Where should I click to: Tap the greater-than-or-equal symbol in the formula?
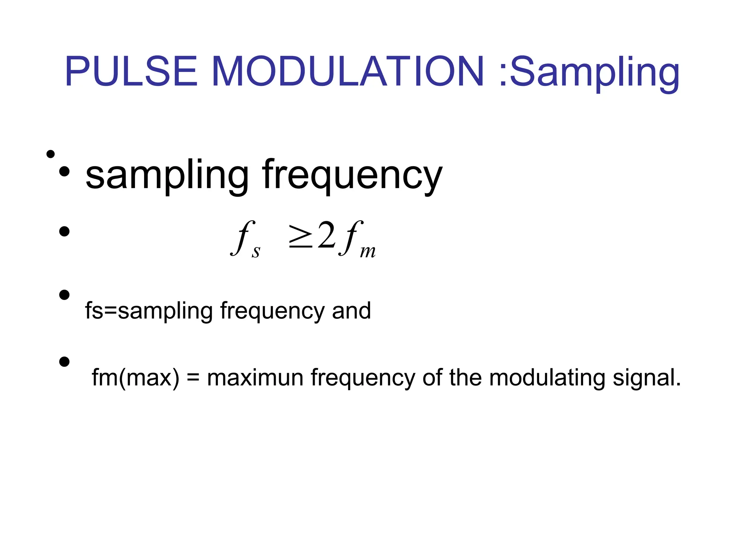tap(300, 237)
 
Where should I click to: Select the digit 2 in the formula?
tap(326, 236)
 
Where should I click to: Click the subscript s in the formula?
tap(256, 251)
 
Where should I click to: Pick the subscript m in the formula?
tap(367, 251)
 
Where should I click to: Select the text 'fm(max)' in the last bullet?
tap(136, 378)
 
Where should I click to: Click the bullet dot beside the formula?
tap(64, 231)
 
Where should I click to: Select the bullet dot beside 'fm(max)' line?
tap(64, 362)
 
